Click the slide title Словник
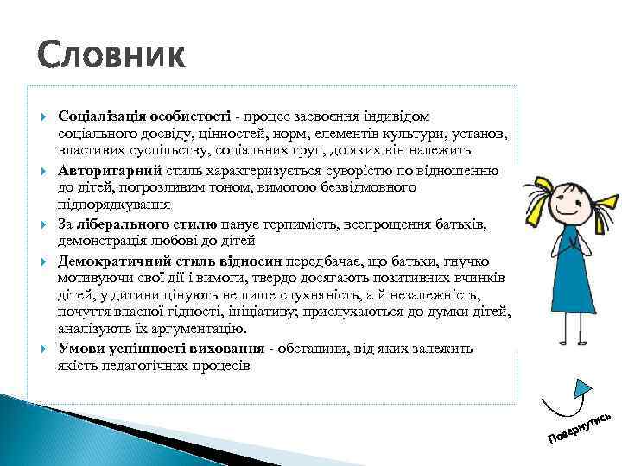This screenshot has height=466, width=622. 111,57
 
